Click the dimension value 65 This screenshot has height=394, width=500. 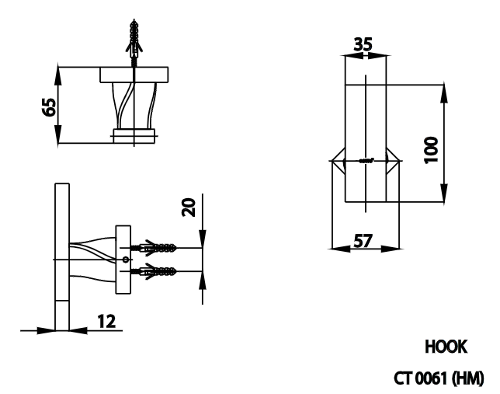[49, 106]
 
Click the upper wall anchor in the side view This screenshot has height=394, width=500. [158, 249]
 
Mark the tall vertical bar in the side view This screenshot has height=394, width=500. [61, 256]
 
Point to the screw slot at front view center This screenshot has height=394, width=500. [367, 161]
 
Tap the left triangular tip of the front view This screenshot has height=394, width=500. [335, 161]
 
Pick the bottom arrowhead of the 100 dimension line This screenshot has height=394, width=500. [443, 198]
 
